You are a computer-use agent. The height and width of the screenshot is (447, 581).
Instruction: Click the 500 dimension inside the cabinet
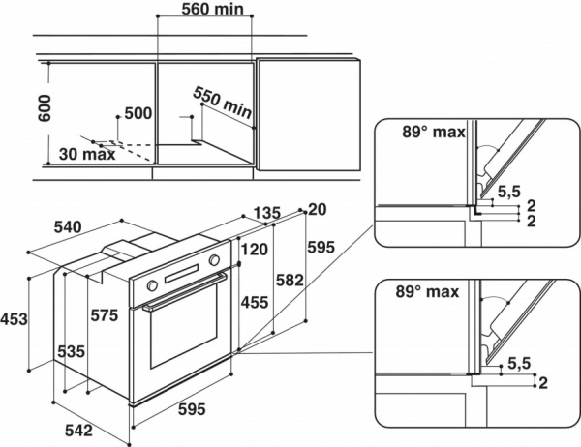(138, 113)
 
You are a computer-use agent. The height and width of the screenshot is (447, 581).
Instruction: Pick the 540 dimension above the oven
(66, 227)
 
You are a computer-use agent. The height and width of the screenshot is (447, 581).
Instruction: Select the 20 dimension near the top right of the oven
(317, 209)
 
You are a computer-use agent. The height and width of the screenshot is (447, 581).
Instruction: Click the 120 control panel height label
(255, 249)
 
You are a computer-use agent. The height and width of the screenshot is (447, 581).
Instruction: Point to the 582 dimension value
(290, 281)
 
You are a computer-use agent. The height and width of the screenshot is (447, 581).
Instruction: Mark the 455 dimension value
(255, 302)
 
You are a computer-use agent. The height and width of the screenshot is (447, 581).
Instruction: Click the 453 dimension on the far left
(14, 319)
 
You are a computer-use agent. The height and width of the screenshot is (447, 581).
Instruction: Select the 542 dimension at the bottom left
(80, 429)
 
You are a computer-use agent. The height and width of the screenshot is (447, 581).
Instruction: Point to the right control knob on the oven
(214, 260)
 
